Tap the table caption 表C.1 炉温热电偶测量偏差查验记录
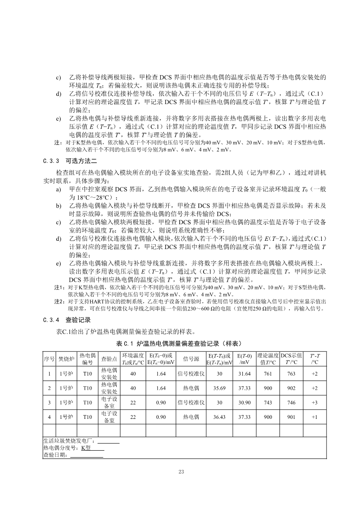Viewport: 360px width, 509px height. coord(179,344)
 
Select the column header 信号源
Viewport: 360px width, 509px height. coord(191,359)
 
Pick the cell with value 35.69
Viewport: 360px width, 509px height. coord(219,388)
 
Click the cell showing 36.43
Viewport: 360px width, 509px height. coord(219,417)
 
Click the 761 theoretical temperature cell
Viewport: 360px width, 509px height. coord(268,374)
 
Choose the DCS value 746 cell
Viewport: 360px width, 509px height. coord(292,402)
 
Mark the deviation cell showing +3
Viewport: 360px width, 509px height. coord(314,402)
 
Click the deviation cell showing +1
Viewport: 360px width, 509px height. coord(314,417)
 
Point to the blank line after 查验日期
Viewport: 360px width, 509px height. coord(87,455)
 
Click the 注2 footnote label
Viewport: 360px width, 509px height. coord(58,301)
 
